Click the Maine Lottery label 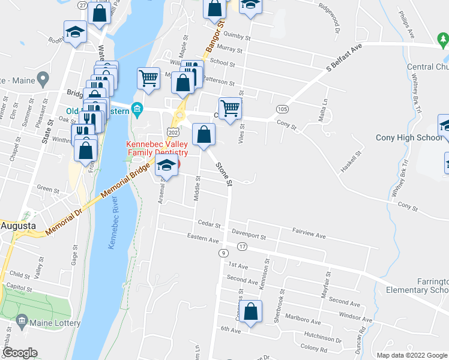coord(57,323)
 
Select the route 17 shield coord(242,247)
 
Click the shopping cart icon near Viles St coord(230,109)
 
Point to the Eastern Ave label coord(203,239)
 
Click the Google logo coord(20,353)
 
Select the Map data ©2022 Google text coord(412,355)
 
